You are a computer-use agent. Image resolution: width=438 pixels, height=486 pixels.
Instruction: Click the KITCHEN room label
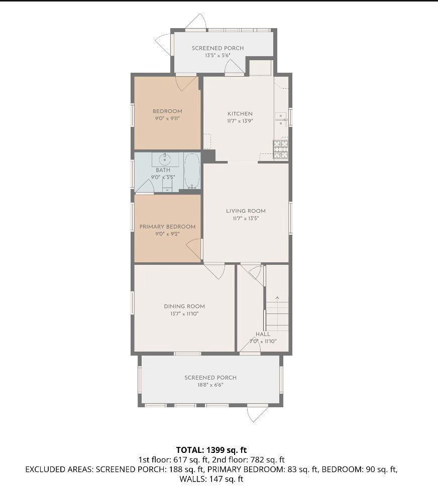click(x=240, y=114)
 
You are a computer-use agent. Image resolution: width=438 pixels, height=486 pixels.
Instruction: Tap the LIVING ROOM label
click(x=246, y=211)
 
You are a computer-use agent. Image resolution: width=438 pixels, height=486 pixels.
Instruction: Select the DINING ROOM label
click(x=184, y=306)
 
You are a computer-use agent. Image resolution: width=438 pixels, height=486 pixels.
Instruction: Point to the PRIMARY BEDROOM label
click(x=167, y=227)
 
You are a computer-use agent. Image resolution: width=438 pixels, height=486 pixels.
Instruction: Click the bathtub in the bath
click(x=192, y=171)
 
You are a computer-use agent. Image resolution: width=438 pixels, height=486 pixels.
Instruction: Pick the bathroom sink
click(x=165, y=159)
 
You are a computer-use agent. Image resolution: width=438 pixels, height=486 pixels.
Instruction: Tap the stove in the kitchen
click(x=281, y=149)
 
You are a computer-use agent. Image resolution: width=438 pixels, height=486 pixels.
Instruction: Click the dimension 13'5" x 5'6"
click(x=217, y=56)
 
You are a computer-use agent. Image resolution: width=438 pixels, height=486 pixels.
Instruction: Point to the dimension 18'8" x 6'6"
click(x=210, y=385)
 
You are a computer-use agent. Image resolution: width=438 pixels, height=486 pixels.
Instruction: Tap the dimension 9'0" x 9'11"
click(x=167, y=118)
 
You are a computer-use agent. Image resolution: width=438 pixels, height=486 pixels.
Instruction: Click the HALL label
click(x=263, y=334)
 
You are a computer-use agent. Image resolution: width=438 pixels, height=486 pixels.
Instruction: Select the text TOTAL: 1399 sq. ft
click(x=211, y=450)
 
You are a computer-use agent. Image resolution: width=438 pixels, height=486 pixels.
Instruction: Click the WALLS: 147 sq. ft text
click(x=211, y=479)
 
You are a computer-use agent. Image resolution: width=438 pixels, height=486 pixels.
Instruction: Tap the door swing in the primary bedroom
click(x=194, y=248)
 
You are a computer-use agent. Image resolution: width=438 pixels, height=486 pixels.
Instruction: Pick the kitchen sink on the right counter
click(x=281, y=118)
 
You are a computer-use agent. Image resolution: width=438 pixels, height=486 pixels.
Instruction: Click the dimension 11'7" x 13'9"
click(x=240, y=121)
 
